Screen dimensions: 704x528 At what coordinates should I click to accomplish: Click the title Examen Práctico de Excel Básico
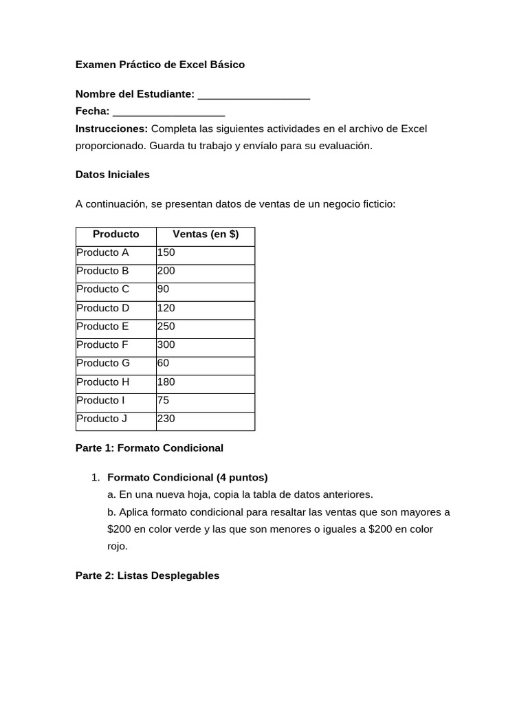click(159, 65)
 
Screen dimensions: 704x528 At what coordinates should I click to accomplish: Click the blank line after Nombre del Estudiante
click(253, 94)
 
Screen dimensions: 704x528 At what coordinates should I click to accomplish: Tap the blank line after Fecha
click(168, 111)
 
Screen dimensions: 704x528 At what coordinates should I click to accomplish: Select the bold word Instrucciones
click(111, 129)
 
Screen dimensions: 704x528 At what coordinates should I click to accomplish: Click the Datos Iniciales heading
click(112, 175)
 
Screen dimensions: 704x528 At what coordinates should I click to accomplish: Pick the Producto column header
click(115, 234)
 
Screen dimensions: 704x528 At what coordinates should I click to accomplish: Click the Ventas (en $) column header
click(206, 234)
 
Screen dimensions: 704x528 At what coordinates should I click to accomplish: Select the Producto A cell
click(102, 252)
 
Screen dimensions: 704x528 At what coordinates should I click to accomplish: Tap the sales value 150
click(166, 252)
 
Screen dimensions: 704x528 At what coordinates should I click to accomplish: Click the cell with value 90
click(164, 289)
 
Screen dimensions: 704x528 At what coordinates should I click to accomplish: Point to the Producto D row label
click(102, 308)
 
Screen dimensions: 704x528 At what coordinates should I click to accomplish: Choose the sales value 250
click(166, 327)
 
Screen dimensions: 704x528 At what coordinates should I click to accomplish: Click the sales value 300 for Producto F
click(166, 344)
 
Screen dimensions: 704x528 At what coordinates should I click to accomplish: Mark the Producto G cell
click(103, 363)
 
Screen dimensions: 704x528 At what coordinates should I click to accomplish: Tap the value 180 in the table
click(166, 382)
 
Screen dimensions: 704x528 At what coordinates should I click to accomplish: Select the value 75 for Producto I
click(164, 400)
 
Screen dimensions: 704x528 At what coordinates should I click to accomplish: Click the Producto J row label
click(102, 418)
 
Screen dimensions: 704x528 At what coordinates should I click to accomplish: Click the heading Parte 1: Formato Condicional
click(149, 448)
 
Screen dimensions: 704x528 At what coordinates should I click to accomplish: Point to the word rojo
click(118, 547)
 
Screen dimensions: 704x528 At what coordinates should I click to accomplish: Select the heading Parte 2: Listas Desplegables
click(147, 575)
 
